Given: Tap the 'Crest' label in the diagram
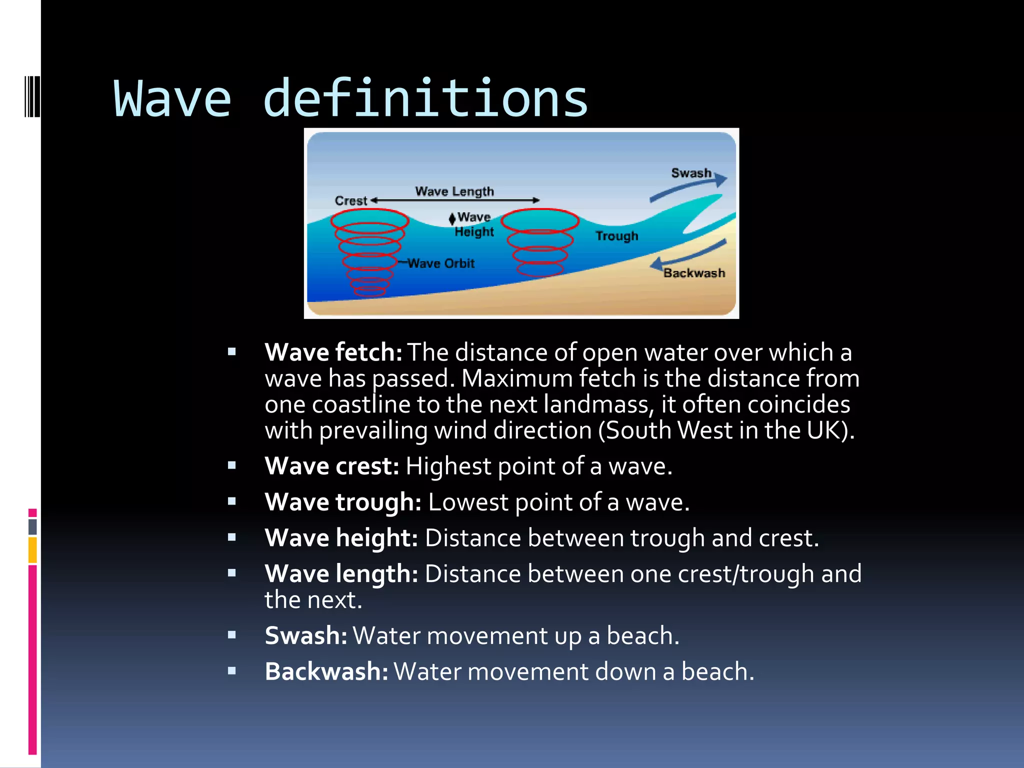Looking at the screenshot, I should pos(350,200).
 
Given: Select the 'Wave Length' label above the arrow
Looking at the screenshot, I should pos(454,191).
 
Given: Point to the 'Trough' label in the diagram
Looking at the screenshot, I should pos(616,235).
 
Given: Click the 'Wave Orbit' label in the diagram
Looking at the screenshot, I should pos(440,263).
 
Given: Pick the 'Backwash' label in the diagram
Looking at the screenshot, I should pos(694,273).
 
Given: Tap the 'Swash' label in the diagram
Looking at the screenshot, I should pos(690,173).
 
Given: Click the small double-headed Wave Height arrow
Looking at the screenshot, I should pos(452,218).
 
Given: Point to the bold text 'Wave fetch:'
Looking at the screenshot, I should pos(333,352).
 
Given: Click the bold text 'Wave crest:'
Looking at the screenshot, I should pos(331,466).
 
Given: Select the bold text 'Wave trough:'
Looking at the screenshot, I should pos(343,502).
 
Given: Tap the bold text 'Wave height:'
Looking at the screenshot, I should pos(341,538).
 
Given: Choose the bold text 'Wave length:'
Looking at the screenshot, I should pos(341,574).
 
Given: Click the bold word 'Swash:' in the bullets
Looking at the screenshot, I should pos(305,636).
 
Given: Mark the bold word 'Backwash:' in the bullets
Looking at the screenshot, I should pos(326,672).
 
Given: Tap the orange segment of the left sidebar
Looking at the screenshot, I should pos(32,550).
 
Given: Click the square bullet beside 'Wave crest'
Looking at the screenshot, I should pos(231,466).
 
